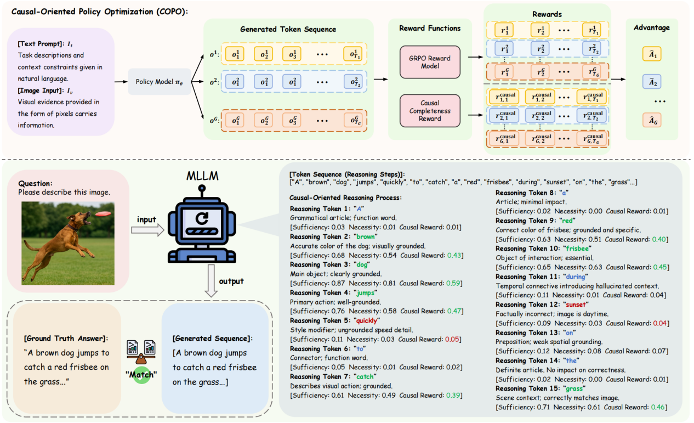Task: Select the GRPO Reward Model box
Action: tap(430, 62)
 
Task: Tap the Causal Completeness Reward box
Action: tap(430, 111)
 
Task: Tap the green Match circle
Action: tap(141, 377)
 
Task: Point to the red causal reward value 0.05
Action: tap(452, 339)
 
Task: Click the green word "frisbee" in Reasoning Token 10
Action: tap(577, 249)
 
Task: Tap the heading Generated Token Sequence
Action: tap(288, 29)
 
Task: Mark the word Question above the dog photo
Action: tap(36, 183)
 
